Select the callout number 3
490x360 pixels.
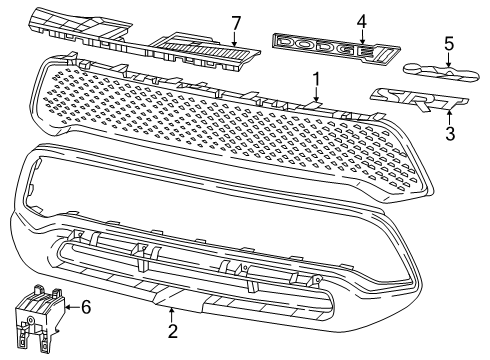[422, 132]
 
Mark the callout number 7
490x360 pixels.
[236, 22]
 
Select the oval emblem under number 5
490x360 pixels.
[440, 70]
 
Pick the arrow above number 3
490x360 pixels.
[422, 115]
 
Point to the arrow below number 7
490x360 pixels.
[236, 38]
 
